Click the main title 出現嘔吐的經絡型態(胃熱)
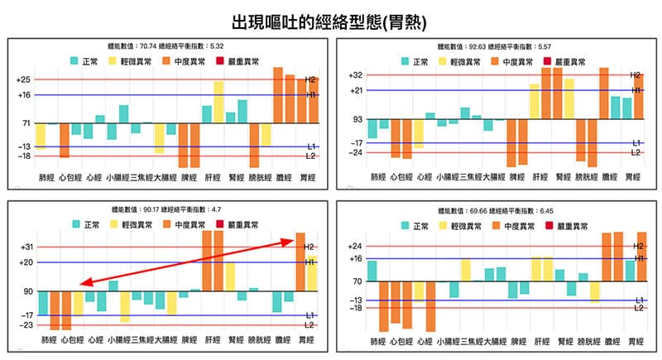click(x=330, y=18)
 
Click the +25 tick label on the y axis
click(x=22, y=79)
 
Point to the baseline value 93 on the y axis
click(x=357, y=120)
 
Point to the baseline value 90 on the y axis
click(x=25, y=291)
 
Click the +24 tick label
click(x=355, y=246)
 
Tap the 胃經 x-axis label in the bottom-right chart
click(x=633, y=340)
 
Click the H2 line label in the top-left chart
click(x=311, y=79)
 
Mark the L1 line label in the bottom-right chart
click(x=639, y=300)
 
